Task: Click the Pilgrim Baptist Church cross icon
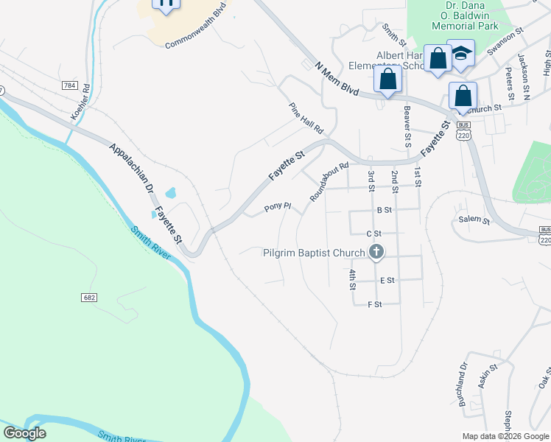point(376,253)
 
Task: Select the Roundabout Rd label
point(329,182)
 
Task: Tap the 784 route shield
point(70,85)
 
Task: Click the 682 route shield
point(88,297)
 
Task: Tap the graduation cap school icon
point(462,53)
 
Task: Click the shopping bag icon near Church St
point(463,95)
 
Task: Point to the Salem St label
point(474,220)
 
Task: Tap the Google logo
point(25,433)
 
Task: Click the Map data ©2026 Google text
point(505,436)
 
